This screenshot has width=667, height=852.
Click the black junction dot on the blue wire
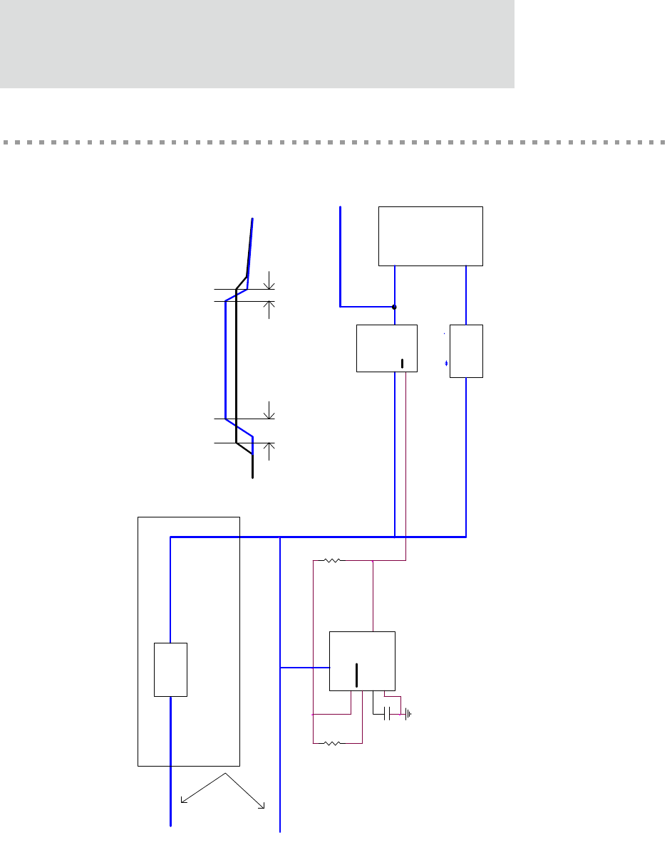coord(394,307)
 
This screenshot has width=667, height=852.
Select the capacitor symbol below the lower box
coord(388,713)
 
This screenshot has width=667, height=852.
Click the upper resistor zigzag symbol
coord(331,561)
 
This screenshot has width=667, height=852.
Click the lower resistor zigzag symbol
coord(331,744)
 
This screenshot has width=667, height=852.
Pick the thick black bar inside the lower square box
coord(357,673)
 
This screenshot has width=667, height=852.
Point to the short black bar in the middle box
coord(402,364)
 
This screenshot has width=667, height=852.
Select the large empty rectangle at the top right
coord(430,236)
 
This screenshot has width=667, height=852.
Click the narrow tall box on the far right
coord(467,351)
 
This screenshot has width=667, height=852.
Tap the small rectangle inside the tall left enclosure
coord(171,669)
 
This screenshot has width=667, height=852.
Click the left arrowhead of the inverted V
coord(183,801)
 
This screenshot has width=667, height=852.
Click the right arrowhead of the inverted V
coord(263,806)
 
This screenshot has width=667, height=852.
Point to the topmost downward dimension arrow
coord(269,285)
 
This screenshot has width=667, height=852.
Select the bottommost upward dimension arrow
coord(269,446)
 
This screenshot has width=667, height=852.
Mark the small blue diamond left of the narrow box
coord(446,364)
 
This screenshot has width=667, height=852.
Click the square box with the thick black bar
coord(362,661)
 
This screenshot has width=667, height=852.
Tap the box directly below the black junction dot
coord(387,348)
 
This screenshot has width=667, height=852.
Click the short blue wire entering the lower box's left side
coord(305,668)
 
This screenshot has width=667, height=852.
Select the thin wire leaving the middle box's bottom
coord(406,463)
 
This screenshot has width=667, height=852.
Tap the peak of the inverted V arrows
coord(225,773)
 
